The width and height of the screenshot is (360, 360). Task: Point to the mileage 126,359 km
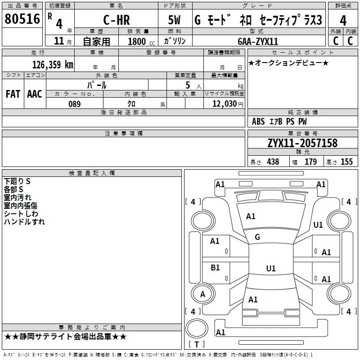tap(53, 65)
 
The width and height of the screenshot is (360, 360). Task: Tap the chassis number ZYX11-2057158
tap(302, 144)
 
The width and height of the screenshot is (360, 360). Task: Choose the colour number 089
tap(74, 104)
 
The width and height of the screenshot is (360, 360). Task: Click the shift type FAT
tap(13, 94)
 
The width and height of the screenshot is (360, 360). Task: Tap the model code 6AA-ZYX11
tap(258, 41)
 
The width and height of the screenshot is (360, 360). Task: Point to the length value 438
tap(273, 162)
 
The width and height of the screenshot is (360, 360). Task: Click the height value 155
tap(346, 162)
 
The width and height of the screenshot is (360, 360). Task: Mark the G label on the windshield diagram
tap(257, 237)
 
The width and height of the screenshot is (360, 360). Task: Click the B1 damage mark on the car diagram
tap(215, 268)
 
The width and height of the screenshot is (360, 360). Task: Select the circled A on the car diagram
tap(202, 294)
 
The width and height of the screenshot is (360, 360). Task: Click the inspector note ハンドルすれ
tap(24, 222)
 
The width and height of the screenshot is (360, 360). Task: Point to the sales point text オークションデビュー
tap(288, 63)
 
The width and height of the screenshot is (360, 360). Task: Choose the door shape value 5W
tap(175, 21)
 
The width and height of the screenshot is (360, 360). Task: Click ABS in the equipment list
tap(258, 121)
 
